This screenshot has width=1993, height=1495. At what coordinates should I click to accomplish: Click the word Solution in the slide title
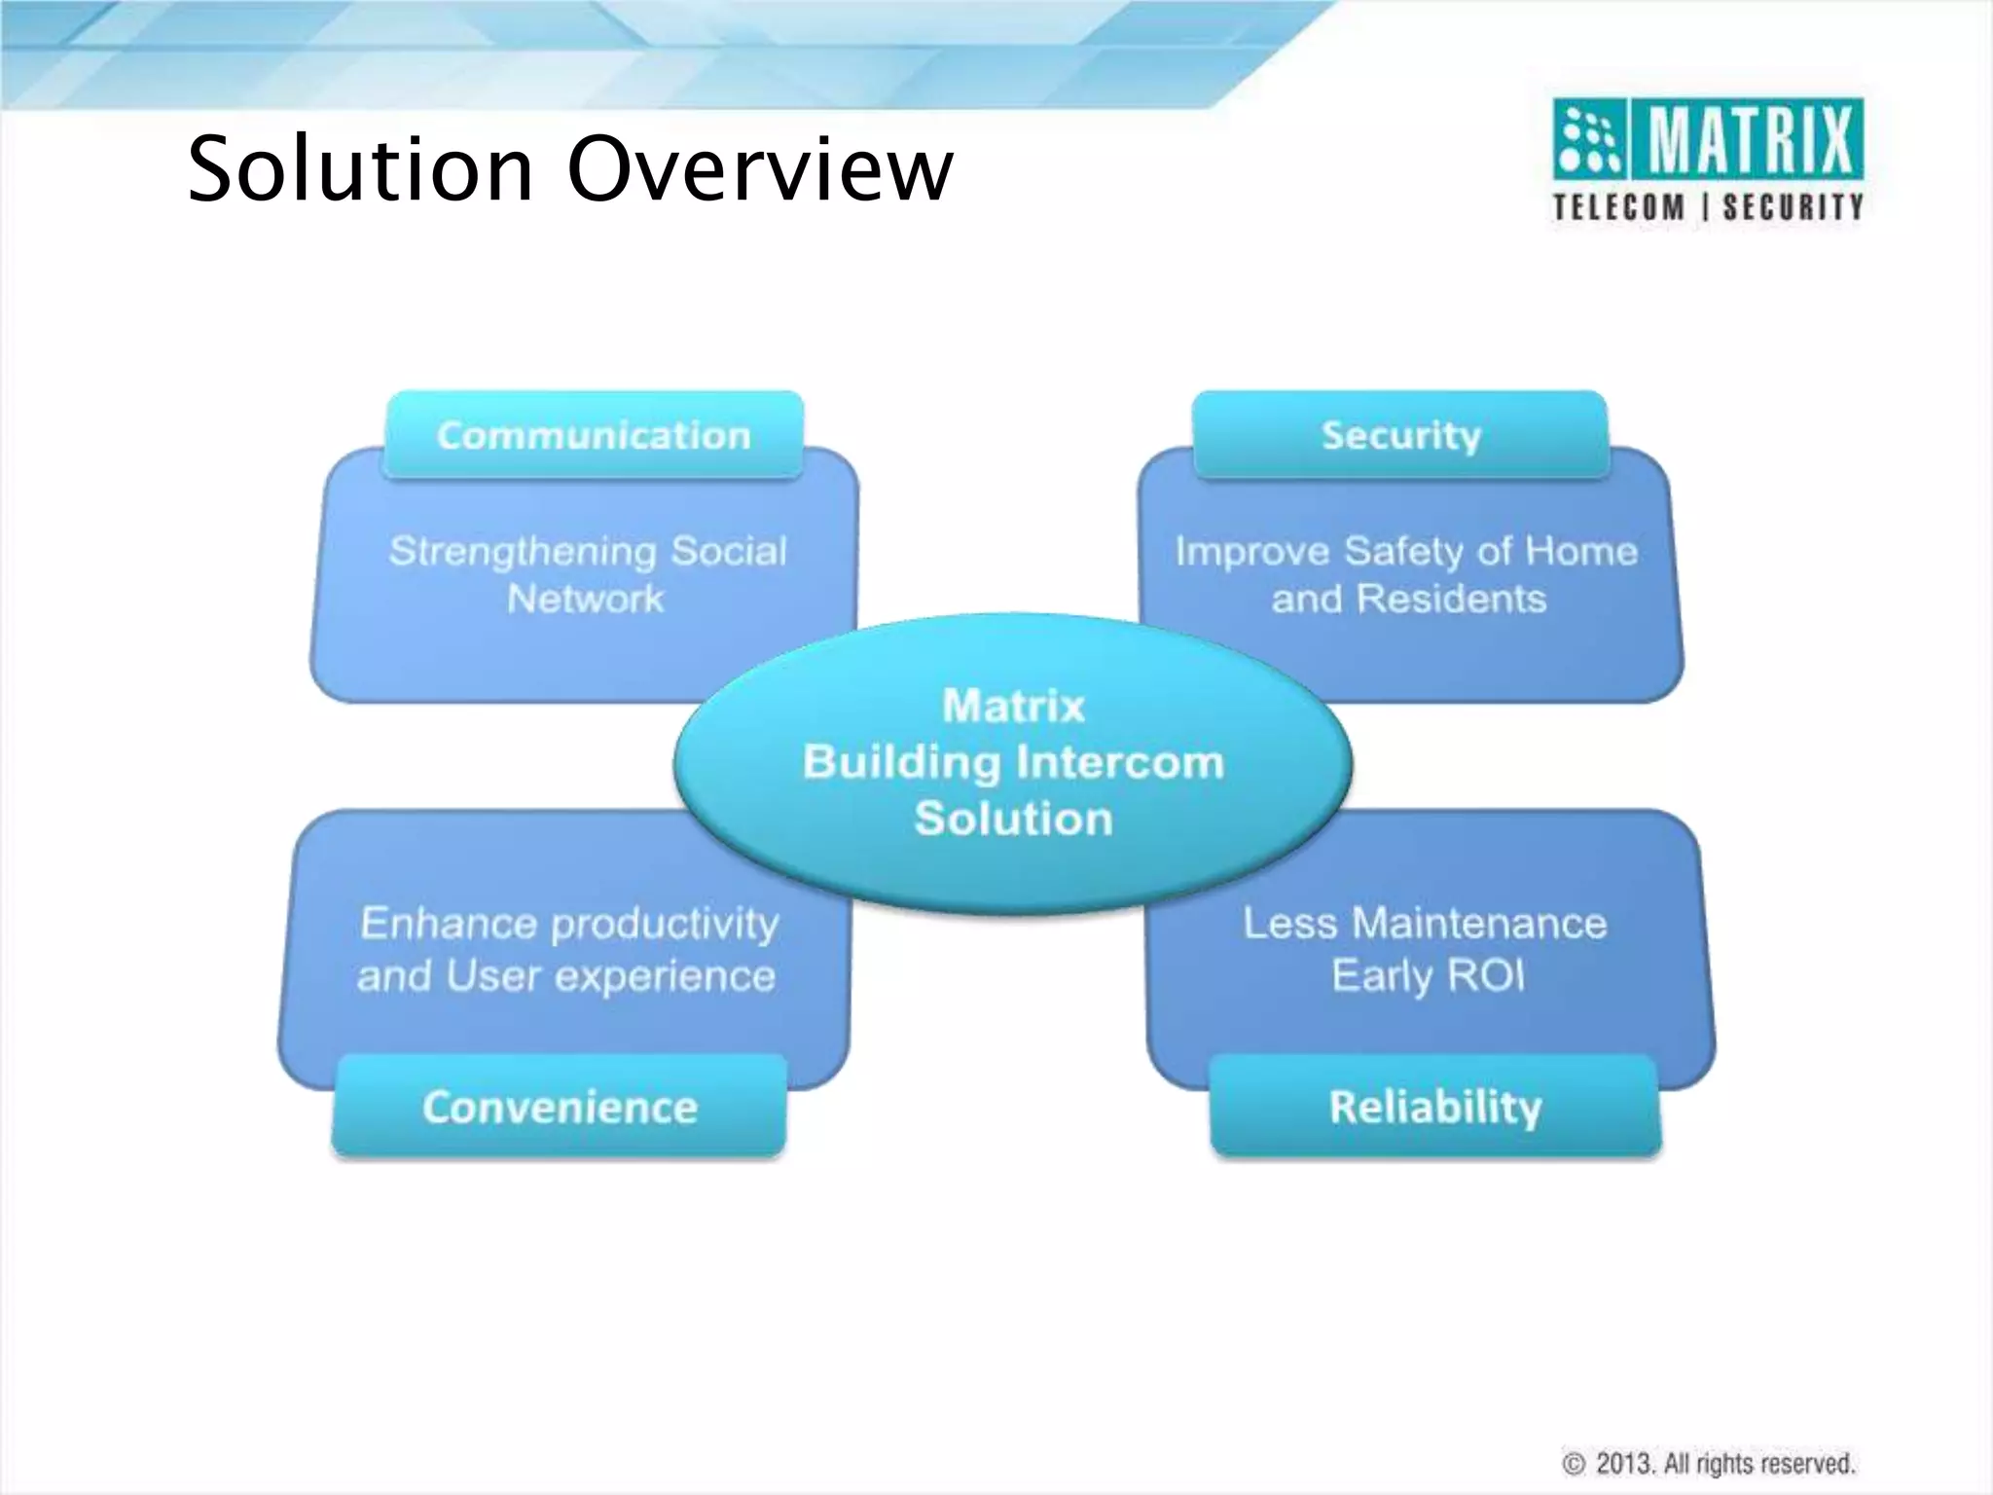[360, 169]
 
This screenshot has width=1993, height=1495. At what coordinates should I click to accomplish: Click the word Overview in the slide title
[760, 169]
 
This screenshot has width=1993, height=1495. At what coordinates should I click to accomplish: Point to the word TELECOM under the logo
[1618, 207]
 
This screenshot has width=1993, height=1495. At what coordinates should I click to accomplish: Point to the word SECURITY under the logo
[1793, 207]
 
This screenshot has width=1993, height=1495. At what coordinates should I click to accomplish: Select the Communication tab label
[594, 435]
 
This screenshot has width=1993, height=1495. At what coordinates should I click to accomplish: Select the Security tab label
[1400, 435]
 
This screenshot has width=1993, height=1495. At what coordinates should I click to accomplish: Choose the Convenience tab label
[560, 1107]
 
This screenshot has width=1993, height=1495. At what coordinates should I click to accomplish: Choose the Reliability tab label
[1435, 1107]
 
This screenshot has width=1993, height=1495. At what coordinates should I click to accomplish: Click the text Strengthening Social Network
[587, 574]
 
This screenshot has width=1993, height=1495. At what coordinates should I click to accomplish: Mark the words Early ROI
[1428, 975]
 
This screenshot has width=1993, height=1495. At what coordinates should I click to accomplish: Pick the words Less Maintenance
[1425, 923]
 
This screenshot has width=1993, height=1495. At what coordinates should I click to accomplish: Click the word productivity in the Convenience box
[666, 924]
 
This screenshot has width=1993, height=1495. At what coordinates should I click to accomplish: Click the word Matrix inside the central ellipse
[1013, 706]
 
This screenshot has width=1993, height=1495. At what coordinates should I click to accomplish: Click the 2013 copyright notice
[1709, 1463]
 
